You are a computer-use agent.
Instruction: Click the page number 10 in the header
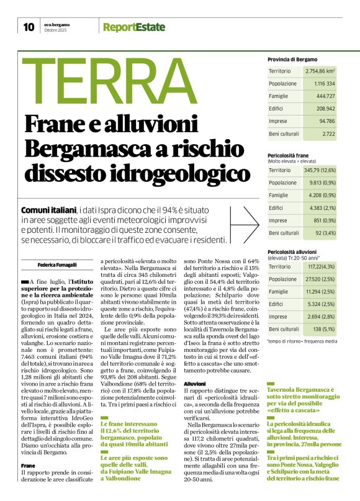point(29,27)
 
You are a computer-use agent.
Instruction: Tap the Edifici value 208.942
point(325,108)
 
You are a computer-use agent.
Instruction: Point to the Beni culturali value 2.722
point(328,132)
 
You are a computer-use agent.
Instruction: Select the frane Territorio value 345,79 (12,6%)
point(320,170)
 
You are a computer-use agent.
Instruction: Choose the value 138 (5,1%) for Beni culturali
point(324,328)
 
